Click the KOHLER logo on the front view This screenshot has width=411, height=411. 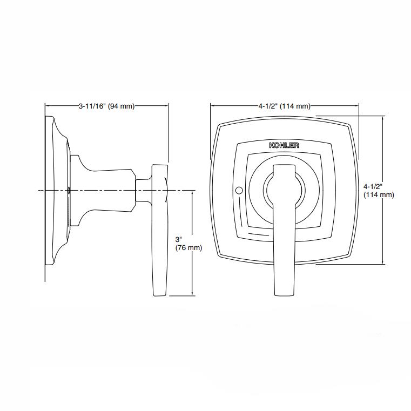(284, 145)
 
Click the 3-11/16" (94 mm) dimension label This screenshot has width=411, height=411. (106, 106)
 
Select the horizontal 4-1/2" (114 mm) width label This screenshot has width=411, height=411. (285, 106)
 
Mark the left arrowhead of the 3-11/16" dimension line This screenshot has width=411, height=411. (46, 106)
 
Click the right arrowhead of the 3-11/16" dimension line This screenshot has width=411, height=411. (167, 106)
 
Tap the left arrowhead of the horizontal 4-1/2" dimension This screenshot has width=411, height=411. (212, 106)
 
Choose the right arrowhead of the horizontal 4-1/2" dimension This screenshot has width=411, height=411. (357, 106)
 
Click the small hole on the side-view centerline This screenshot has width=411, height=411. (69, 190)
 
